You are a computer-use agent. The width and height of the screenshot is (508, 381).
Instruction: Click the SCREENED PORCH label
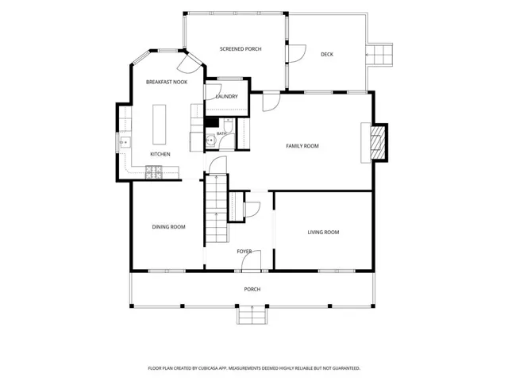click(241, 49)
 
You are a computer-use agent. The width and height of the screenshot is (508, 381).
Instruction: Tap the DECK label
click(327, 55)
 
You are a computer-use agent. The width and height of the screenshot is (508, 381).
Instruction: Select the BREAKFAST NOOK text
click(167, 82)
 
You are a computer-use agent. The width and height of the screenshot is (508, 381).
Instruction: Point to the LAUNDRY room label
click(227, 96)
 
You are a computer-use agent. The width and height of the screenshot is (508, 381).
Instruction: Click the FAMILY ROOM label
click(302, 146)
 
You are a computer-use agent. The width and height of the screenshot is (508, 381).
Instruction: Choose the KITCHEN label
click(160, 154)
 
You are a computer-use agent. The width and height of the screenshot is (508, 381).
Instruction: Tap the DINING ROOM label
click(168, 227)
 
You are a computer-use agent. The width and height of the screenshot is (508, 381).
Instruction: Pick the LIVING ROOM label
click(323, 232)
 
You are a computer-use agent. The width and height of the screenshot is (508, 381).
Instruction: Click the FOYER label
click(244, 252)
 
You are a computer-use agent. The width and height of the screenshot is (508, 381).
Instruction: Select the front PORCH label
click(252, 289)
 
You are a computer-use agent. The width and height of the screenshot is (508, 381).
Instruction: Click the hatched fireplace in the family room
click(379, 142)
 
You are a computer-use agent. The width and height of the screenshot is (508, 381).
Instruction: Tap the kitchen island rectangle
click(159, 125)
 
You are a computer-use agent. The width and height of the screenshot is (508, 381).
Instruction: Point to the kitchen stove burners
click(153, 172)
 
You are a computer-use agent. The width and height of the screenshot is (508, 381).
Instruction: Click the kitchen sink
click(125, 143)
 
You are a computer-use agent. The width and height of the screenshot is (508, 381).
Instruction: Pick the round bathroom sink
click(210, 140)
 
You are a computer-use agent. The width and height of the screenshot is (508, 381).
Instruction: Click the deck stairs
click(379, 55)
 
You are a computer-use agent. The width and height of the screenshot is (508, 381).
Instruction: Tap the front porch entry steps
click(252, 315)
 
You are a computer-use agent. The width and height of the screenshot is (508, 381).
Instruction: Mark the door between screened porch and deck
click(296, 53)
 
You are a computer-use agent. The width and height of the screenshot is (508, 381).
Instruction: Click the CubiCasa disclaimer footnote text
click(254, 368)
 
